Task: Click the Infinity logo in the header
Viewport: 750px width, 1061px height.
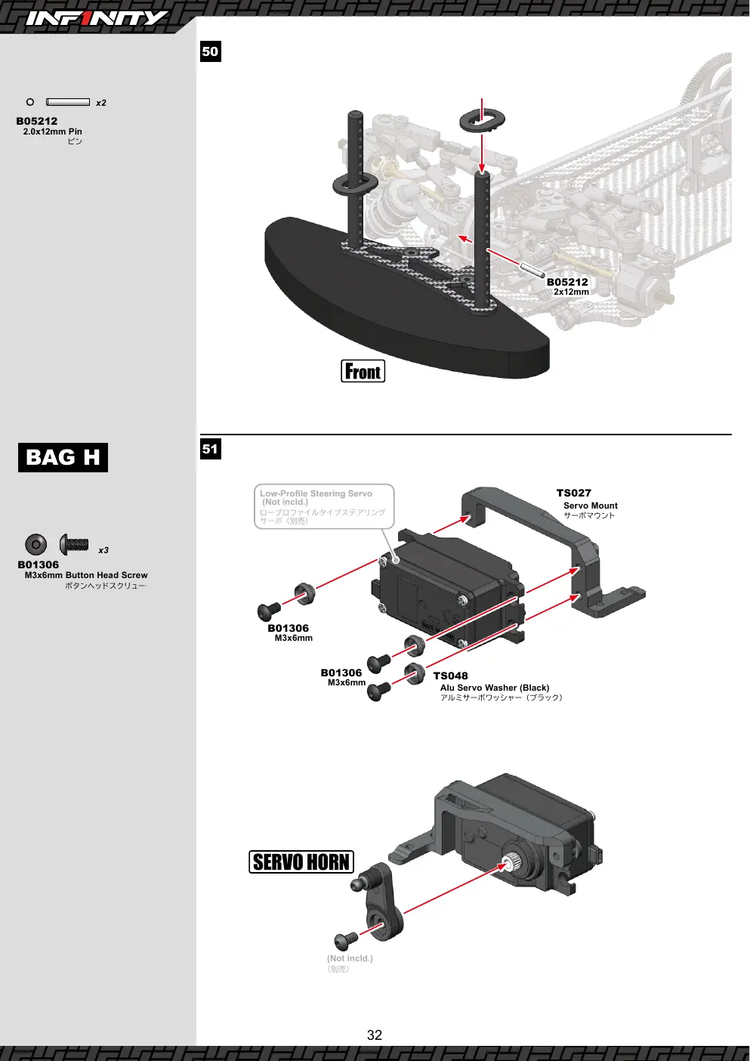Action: [96, 18]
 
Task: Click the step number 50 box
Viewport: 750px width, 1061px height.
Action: [210, 51]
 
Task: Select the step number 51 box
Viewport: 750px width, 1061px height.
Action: [210, 449]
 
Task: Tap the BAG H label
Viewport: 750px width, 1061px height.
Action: [63, 457]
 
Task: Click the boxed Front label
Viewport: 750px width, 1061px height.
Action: [363, 371]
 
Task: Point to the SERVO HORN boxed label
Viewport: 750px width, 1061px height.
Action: [301, 861]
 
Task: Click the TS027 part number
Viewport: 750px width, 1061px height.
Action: [573, 493]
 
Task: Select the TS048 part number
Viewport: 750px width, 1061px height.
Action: [450, 676]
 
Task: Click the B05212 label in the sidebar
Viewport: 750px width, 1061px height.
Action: [37, 121]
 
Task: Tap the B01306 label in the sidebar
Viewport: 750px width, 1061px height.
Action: [39, 565]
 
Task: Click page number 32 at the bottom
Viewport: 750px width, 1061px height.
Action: [375, 1035]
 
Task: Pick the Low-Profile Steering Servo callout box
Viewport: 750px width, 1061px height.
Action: [324, 506]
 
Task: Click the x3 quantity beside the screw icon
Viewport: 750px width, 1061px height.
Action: [103, 550]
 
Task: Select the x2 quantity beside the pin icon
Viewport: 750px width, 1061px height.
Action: [101, 103]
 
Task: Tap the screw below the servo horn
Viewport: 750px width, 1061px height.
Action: [346, 940]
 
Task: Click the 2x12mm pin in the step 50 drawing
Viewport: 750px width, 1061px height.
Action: [532, 268]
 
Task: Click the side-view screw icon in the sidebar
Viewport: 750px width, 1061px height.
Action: [74, 544]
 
